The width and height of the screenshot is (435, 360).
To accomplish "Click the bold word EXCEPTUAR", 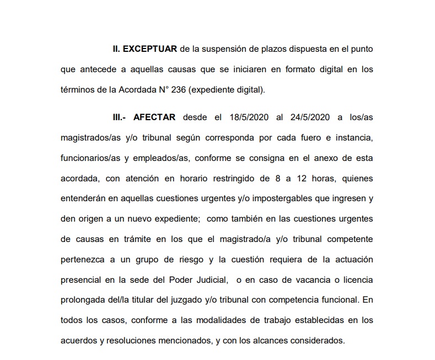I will pyautogui.click(x=149, y=49).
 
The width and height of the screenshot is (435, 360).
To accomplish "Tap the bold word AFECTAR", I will pyautogui.click(x=154, y=117).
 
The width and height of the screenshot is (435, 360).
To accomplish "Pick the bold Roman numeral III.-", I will pyautogui.click(x=119, y=117).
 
